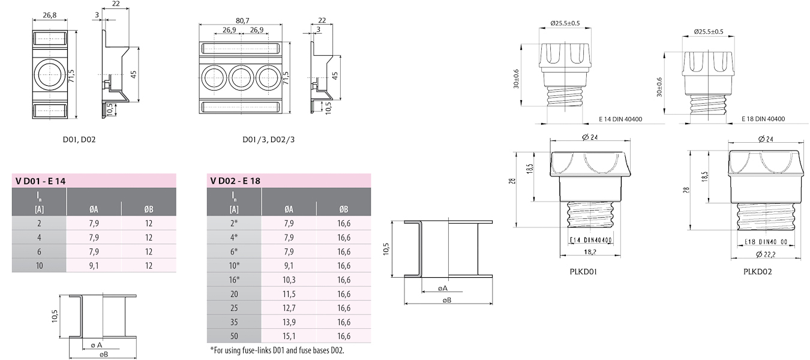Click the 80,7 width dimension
coord(242,20)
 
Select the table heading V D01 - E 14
coord(40,181)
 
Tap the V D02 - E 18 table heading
coord(235,181)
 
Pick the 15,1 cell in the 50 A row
coord(288,336)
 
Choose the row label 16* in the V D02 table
coord(234,279)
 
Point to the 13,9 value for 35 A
coord(288,322)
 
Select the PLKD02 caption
coord(758,271)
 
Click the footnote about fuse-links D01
coord(277,350)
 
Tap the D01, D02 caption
coord(79,140)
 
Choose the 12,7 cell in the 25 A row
coord(288,308)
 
